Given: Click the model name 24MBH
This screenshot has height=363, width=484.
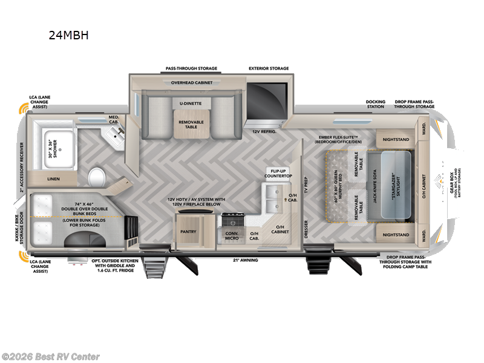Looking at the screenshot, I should coord(68,35).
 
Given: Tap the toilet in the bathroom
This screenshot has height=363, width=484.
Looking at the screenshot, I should coord(97,178).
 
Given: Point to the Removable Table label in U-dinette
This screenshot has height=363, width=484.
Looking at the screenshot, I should coord(191,124).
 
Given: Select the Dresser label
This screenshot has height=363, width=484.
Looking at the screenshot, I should coord(306,229).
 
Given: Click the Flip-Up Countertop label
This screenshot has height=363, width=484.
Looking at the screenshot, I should coord(278,173).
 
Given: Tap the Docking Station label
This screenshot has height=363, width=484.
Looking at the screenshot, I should coord(375,103).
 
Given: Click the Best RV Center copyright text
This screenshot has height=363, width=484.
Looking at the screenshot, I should coord(51,356).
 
